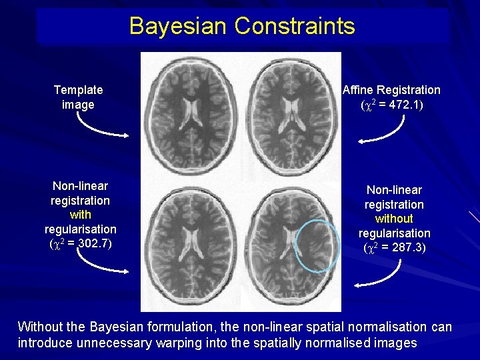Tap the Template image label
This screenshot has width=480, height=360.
(78, 97)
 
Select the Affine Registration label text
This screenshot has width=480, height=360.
(391, 89)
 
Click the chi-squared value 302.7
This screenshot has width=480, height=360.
(93, 244)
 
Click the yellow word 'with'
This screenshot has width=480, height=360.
(80, 215)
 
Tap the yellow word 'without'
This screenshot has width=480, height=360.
(394, 218)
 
